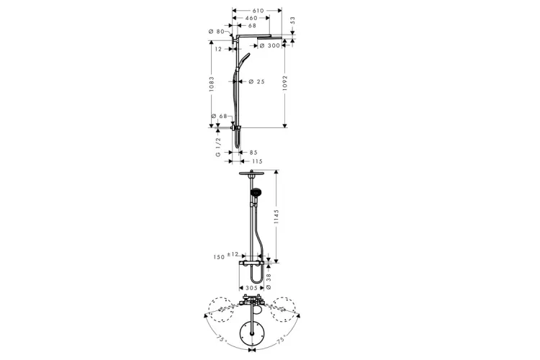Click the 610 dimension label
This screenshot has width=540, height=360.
click(x=258, y=11)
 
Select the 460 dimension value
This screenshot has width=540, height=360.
click(x=252, y=18)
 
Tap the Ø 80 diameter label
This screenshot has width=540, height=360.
click(x=217, y=32)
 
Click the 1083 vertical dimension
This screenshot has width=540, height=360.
click(x=212, y=84)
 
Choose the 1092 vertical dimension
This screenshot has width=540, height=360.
click(x=285, y=84)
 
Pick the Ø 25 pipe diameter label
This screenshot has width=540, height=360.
click(x=256, y=81)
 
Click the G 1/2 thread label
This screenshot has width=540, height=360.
click(x=218, y=147)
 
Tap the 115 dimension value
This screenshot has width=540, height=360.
click(x=257, y=161)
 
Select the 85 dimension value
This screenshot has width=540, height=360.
click(x=253, y=152)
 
